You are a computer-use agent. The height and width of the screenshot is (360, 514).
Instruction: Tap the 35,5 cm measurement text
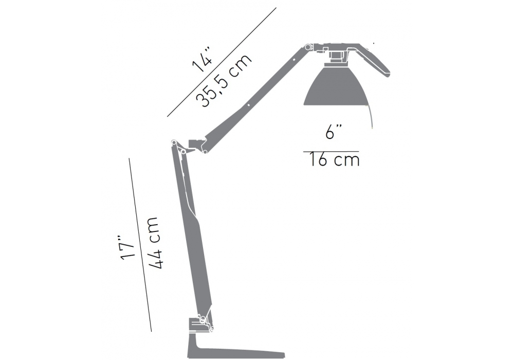point(224,80)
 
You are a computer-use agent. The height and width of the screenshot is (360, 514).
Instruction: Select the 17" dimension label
point(127,247)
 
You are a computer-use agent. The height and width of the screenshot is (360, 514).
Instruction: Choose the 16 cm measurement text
point(334,160)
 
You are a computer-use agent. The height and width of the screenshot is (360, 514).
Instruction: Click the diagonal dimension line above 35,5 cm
point(222,62)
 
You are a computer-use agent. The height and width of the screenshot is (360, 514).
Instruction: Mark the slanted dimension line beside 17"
point(140,245)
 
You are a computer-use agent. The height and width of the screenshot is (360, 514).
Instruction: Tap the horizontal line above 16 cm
point(331,152)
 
